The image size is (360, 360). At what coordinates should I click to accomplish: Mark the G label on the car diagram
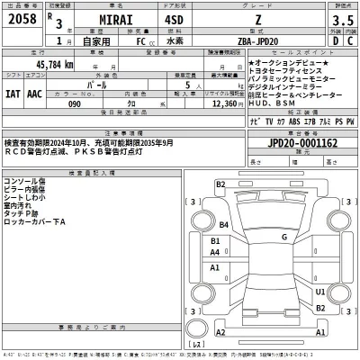[283, 238]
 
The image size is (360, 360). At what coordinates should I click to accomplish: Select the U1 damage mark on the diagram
[319, 292]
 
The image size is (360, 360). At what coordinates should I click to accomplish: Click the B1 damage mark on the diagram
[214, 241]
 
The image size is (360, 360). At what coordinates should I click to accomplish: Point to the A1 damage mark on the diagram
[214, 267]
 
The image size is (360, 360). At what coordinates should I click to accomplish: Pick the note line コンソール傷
[24, 182]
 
